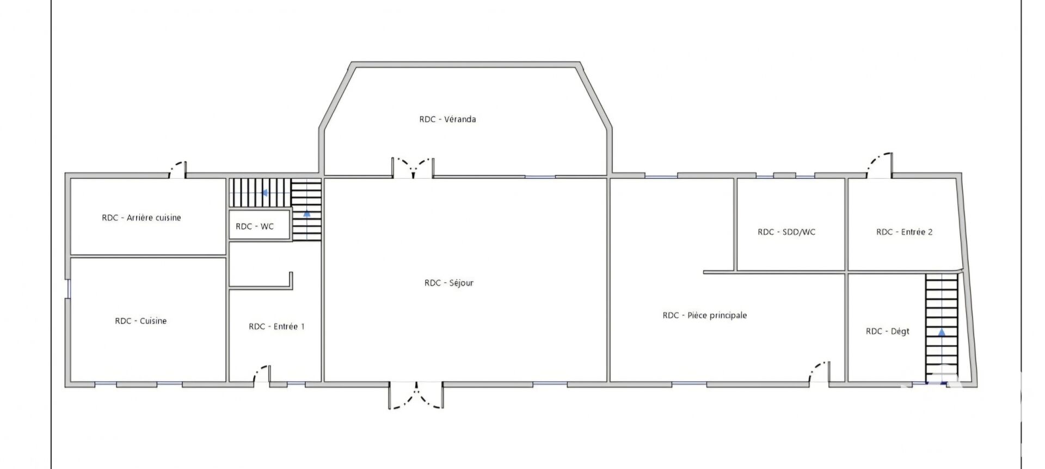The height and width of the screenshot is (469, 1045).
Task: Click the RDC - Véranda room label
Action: [x=447, y=119]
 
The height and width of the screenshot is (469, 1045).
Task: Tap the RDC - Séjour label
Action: [x=449, y=283]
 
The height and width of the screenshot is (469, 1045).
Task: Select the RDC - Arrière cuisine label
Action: [x=142, y=217]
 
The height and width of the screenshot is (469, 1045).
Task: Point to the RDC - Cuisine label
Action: [x=141, y=321]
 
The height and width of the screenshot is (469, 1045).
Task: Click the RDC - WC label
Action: [x=255, y=226]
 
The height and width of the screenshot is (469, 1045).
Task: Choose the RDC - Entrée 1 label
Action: [x=276, y=326]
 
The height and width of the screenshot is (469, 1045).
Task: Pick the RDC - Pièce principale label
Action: [x=705, y=315]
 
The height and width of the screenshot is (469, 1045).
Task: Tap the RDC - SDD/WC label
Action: [x=786, y=232]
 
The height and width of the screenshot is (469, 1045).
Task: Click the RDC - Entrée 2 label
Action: [x=904, y=232]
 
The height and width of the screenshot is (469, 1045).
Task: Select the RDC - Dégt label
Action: [x=888, y=331]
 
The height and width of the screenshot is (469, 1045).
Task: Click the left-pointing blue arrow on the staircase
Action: [x=264, y=192]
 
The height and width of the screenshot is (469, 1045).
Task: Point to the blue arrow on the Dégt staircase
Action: [x=942, y=331]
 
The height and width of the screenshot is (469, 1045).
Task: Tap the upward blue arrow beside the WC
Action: [x=307, y=214]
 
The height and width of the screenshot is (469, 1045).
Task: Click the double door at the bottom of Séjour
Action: [x=416, y=397]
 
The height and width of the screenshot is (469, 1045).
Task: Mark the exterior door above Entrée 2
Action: [x=880, y=165]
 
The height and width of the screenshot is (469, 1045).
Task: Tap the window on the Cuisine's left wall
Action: [x=69, y=289]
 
